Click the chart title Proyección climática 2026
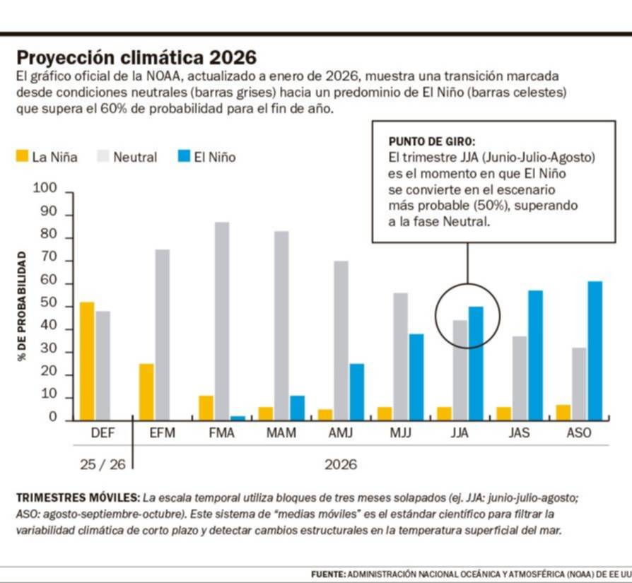(x=136, y=57)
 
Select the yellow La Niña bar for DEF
(x=87, y=361)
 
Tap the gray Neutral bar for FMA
(x=222, y=322)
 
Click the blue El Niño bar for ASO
(x=595, y=351)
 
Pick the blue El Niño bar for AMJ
(x=357, y=392)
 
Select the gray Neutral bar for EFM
(x=163, y=335)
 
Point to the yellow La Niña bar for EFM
(x=147, y=392)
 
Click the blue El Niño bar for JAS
(x=535, y=355)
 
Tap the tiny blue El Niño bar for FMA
(x=238, y=418)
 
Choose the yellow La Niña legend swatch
(x=23, y=156)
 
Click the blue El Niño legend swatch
(x=184, y=156)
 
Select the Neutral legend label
(x=135, y=157)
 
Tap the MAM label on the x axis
(x=281, y=433)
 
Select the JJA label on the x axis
(x=460, y=433)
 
